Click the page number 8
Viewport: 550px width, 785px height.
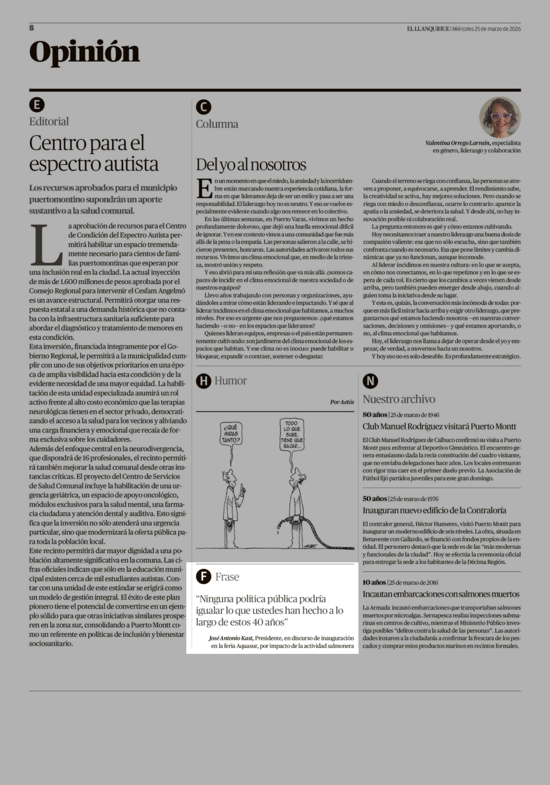click(31, 28)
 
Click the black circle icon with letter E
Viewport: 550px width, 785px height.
click(37, 105)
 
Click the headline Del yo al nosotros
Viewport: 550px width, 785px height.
click(251, 165)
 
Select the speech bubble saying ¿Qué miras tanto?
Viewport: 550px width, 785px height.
click(231, 433)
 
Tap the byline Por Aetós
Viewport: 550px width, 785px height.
click(341, 402)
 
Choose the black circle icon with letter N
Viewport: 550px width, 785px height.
click(370, 381)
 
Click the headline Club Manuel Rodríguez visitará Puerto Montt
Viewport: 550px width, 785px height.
click(439, 426)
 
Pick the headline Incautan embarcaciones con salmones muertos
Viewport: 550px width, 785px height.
click(441, 594)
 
